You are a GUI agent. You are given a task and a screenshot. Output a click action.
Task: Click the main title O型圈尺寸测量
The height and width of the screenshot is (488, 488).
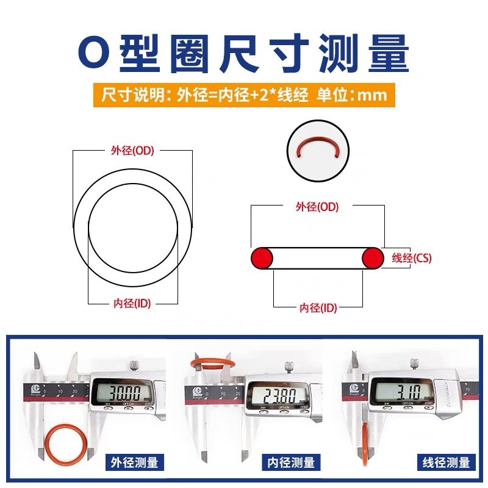(244, 54)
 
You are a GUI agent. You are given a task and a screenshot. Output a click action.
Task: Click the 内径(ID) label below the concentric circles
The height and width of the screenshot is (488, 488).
(132, 303)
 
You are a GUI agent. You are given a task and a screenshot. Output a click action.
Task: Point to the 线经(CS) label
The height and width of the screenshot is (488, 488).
(411, 258)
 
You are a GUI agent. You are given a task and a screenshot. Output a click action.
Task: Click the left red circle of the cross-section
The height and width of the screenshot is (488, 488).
(262, 258)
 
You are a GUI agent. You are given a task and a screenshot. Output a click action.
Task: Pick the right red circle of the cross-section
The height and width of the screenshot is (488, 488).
(373, 258)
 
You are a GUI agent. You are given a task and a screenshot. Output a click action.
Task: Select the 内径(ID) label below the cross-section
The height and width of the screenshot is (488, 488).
(318, 307)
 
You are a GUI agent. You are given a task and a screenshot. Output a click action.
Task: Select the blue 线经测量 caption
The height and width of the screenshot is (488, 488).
(447, 462)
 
